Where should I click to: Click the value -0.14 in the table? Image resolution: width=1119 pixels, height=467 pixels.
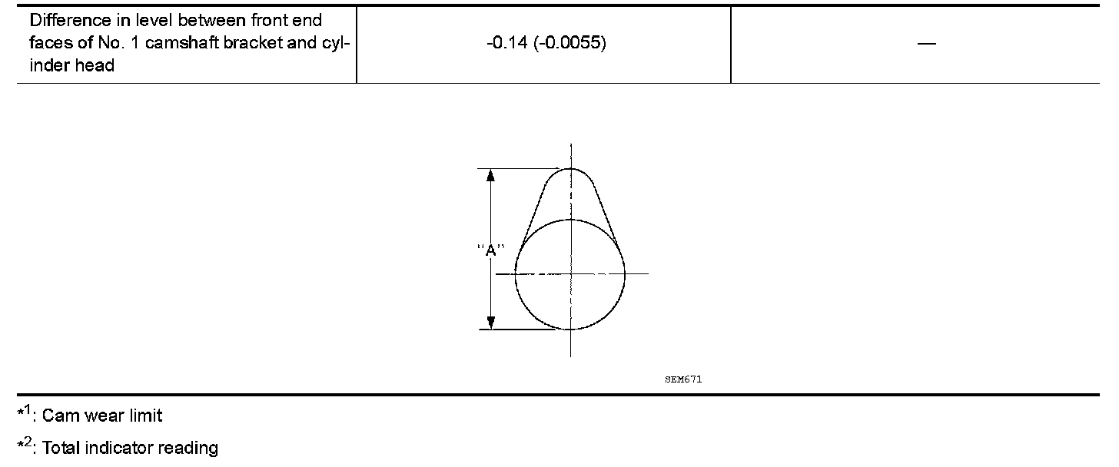click(507, 43)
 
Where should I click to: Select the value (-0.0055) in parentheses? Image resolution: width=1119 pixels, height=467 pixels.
click(570, 43)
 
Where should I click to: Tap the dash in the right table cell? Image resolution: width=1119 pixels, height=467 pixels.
click(927, 44)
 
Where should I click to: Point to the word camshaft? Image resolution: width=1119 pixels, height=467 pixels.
click(182, 43)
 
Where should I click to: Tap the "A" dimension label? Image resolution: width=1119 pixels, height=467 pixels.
click(490, 250)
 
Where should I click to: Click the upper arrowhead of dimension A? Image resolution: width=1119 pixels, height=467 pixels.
click(490, 175)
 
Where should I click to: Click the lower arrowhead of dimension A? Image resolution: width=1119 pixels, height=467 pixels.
click(490, 323)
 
